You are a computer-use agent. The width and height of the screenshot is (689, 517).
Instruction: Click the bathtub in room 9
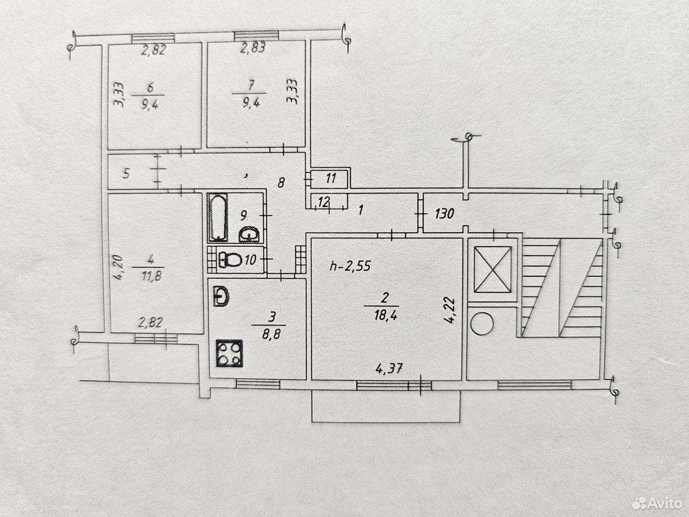point(218,218)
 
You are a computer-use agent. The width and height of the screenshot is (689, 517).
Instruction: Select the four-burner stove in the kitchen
point(230,353)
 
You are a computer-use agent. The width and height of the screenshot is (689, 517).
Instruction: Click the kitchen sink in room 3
point(221,296)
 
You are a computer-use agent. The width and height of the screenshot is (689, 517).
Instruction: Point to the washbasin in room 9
point(249,234)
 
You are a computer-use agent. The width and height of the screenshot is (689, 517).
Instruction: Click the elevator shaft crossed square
point(493,270)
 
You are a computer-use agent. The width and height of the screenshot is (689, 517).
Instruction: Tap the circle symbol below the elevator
point(482,324)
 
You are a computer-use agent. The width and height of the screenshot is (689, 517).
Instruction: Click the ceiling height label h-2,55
point(350,266)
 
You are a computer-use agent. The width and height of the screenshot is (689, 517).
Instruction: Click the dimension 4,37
point(389,368)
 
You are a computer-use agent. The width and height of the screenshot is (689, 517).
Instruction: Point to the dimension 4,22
point(449,310)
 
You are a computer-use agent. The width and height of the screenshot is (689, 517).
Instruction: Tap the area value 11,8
point(151,276)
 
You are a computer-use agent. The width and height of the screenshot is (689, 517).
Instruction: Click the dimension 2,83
point(253,48)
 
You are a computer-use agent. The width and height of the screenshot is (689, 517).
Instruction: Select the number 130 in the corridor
point(445,214)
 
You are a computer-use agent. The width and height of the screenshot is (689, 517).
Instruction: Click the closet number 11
point(331,178)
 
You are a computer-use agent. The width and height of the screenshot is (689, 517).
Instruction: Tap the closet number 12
point(324,202)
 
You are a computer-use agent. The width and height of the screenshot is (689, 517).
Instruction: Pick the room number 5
point(126,173)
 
